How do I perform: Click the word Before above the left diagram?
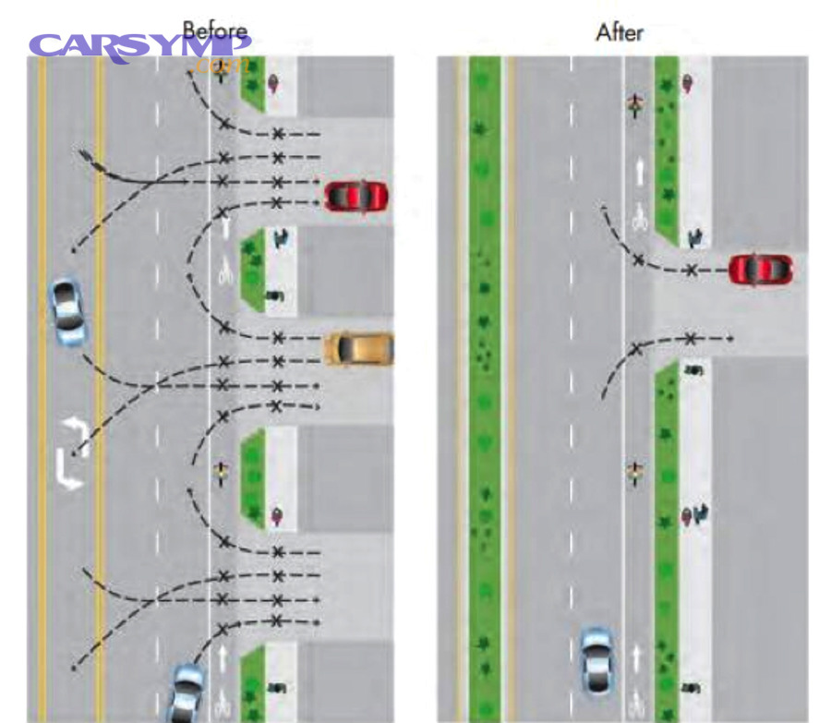tap(216, 30)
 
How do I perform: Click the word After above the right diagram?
tap(620, 32)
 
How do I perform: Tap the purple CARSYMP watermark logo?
tap(138, 46)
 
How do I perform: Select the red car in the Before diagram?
tap(356, 196)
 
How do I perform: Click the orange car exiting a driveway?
tap(358, 348)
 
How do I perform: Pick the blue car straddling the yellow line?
tap(67, 310)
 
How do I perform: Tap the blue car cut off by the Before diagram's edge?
tap(186, 693)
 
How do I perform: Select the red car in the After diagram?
tap(761, 269)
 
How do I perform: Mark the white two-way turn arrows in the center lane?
tap(70, 452)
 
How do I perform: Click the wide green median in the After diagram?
tap(485, 388)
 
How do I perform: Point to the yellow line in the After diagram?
tap(457, 388)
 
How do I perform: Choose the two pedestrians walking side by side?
tap(693, 514)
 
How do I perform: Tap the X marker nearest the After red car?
tap(691, 270)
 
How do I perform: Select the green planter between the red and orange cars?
tap(253, 269)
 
